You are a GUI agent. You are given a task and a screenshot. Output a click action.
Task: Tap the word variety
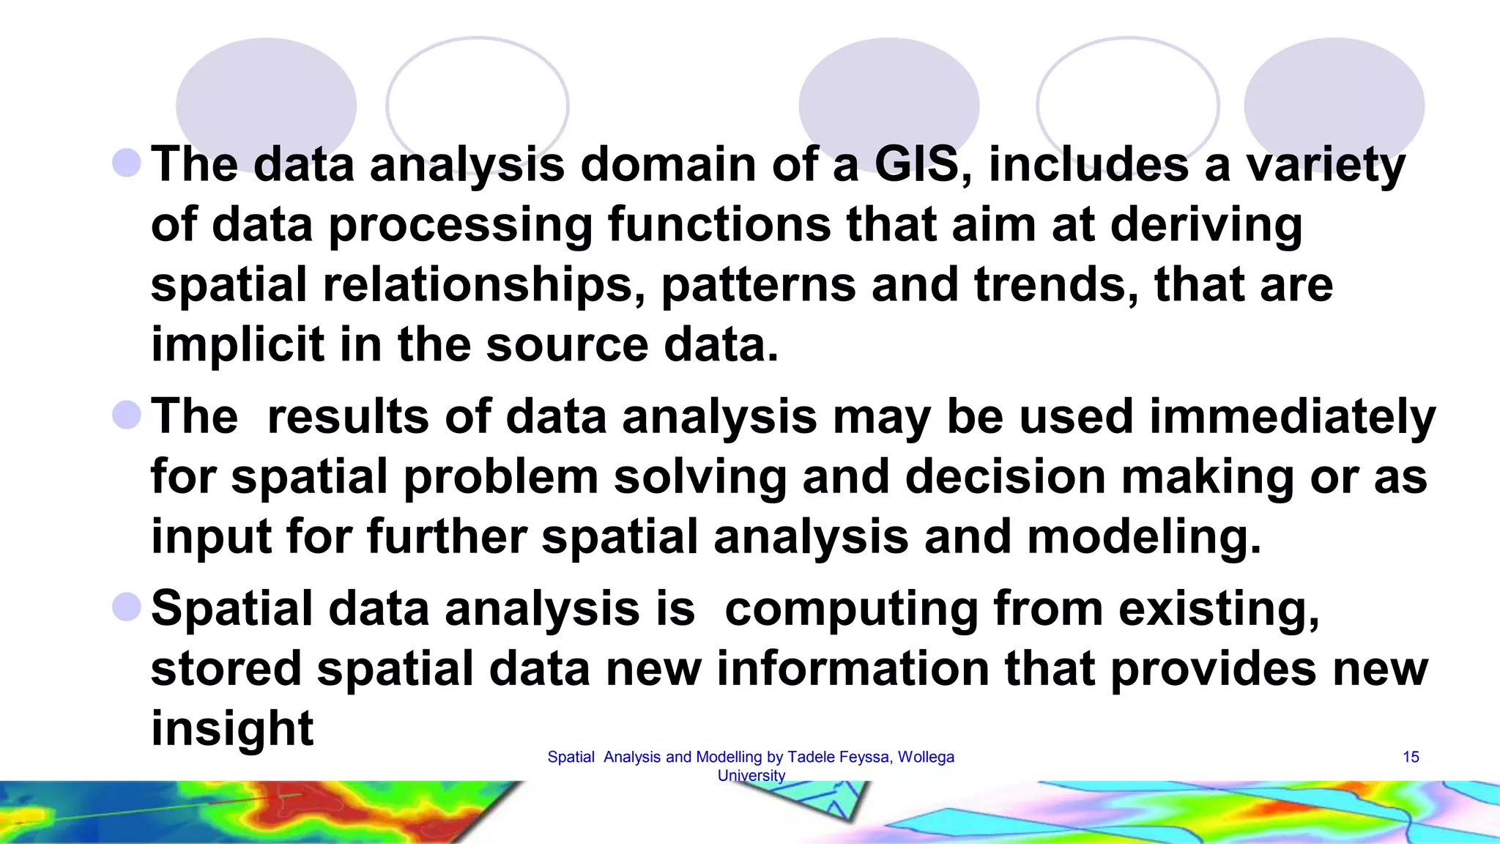1326,166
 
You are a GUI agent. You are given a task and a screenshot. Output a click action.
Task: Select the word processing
461,225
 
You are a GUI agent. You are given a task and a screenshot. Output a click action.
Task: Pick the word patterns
759,285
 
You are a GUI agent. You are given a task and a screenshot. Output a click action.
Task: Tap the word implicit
237,345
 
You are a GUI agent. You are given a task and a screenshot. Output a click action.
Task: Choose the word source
567,345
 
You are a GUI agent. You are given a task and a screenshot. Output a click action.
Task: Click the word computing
851,610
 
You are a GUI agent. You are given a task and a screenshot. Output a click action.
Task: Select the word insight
232,728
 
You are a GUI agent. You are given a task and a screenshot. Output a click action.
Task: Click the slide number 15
1411,758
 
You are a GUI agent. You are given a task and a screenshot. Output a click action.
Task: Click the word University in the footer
751,776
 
